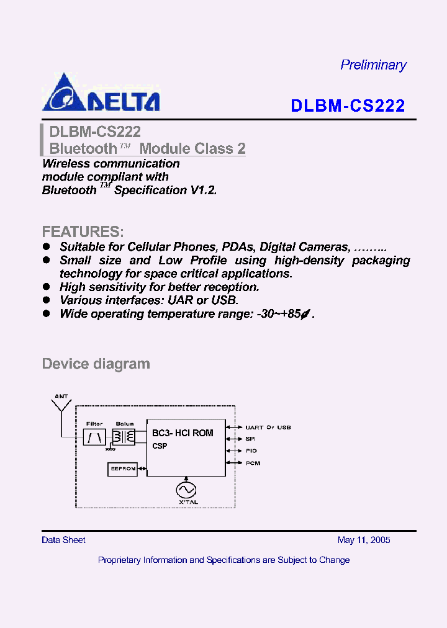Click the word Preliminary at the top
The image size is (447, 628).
click(x=373, y=65)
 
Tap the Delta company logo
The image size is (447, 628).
click(x=101, y=93)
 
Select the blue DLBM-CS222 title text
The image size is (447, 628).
click(x=348, y=106)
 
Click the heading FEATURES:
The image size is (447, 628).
click(x=83, y=232)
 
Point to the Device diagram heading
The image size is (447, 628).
click(x=96, y=364)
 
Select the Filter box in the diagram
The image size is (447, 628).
click(x=94, y=437)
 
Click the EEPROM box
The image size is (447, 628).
click(x=122, y=469)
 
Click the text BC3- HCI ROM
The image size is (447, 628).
click(x=183, y=433)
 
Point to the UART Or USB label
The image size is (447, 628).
click(x=268, y=428)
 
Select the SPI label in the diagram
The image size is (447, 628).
click(x=251, y=439)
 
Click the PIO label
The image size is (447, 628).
click(x=251, y=451)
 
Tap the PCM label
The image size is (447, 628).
click(x=252, y=463)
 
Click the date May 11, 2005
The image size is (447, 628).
click(x=364, y=540)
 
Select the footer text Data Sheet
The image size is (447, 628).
click(x=63, y=540)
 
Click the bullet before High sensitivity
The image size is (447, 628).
click(x=46, y=287)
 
